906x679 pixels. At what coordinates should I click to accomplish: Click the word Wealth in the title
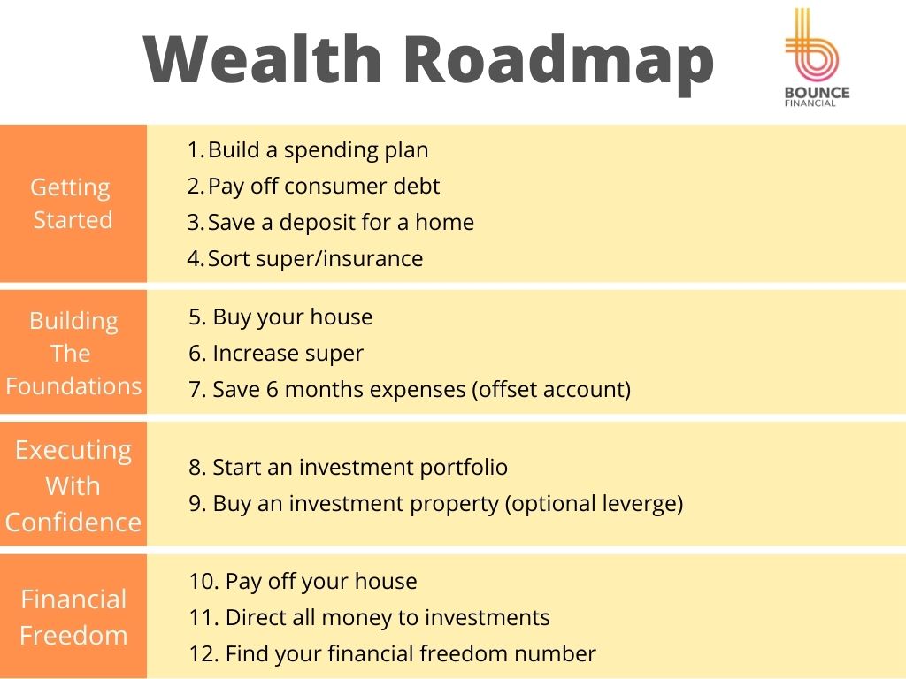[262, 59]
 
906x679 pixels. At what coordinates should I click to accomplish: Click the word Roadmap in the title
[559, 64]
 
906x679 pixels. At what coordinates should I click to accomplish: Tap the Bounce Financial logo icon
[811, 44]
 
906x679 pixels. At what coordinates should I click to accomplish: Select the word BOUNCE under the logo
[817, 92]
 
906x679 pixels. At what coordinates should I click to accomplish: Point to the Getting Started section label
[72, 204]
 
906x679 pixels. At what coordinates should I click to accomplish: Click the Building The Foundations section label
[73, 354]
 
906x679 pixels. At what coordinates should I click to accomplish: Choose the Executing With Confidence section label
[73, 486]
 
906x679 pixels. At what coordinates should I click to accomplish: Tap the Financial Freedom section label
[73, 617]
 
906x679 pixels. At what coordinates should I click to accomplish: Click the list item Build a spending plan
[308, 150]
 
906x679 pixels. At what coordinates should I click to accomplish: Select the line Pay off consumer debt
[313, 187]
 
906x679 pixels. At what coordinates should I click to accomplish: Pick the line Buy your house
[280, 317]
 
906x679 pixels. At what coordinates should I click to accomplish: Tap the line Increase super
[276, 354]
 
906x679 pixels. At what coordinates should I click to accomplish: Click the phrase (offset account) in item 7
[551, 390]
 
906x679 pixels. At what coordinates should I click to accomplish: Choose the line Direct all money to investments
[370, 618]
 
